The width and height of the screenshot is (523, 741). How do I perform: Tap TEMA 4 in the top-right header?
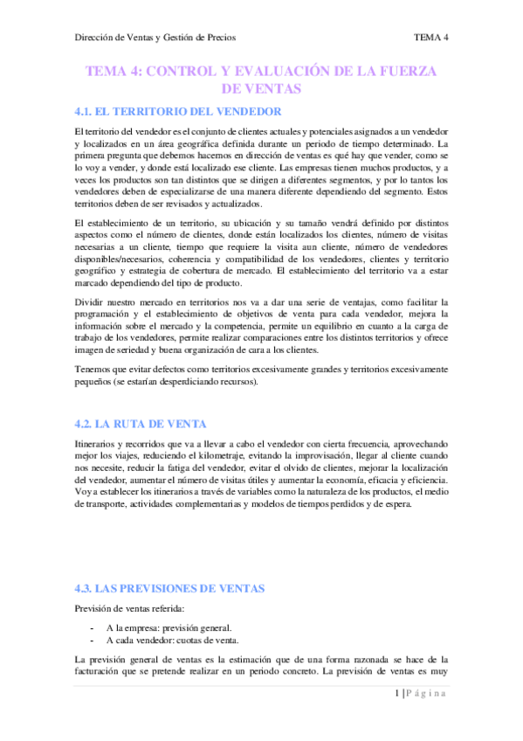coord(431,38)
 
